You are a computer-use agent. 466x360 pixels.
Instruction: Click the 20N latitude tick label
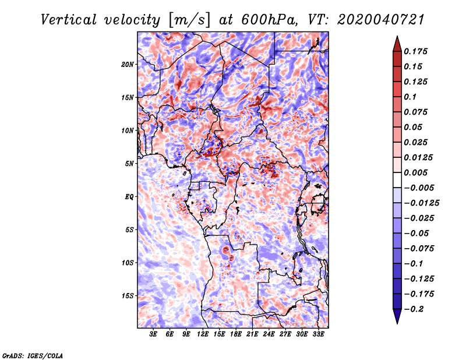[x=128, y=64]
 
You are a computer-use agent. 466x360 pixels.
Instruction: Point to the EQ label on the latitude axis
[x=129, y=197]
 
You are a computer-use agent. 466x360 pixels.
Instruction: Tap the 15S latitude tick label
[x=128, y=296]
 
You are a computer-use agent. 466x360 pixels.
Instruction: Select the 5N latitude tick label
[x=129, y=164]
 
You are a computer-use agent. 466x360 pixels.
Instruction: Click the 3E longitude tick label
[x=154, y=335]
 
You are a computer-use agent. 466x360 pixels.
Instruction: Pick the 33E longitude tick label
[x=318, y=335]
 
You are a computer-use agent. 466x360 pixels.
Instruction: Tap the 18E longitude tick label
[x=236, y=335]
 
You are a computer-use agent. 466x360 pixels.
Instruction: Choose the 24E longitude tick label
[x=269, y=335]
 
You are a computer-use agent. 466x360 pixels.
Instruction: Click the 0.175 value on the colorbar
[x=417, y=52]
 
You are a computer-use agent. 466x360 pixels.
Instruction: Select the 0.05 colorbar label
[x=414, y=128]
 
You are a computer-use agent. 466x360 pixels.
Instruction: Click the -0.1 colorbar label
[x=414, y=264]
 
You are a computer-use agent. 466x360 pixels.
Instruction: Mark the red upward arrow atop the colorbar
[x=397, y=44]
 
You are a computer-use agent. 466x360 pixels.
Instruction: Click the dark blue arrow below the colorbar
[x=397, y=317]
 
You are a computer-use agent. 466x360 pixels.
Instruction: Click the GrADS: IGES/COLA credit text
[x=33, y=355]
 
